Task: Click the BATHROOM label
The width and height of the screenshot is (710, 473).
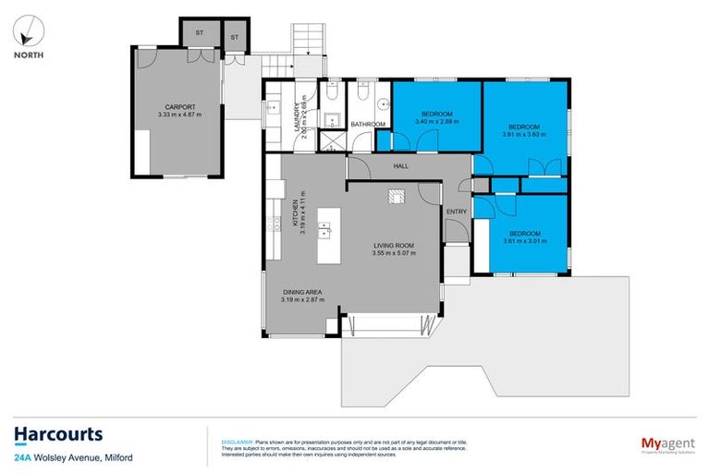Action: (367, 124)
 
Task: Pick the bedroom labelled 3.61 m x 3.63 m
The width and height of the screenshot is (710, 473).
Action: (527, 129)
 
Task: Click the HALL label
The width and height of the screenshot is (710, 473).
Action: (399, 166)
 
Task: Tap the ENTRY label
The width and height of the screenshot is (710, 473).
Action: (457, 212)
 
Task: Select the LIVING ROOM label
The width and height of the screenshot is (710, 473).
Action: (394, 249)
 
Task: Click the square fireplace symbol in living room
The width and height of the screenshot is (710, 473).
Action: (396, 195)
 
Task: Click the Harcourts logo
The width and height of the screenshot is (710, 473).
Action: (57, 434)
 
